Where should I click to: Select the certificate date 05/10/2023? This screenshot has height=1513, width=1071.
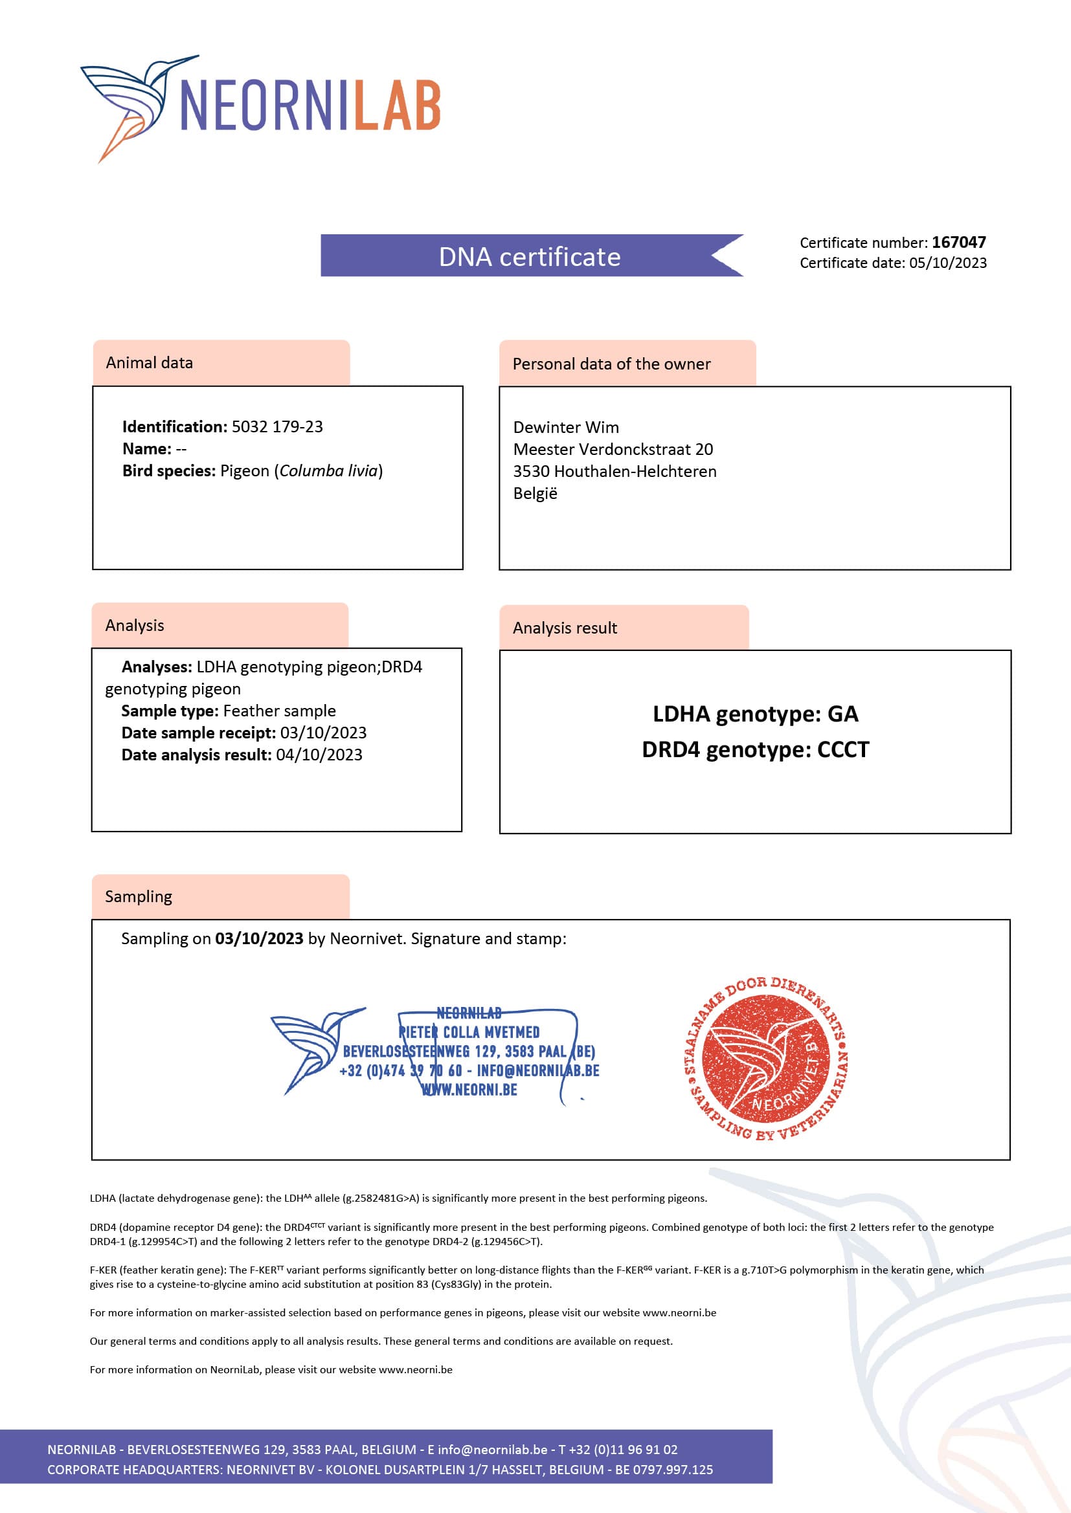[x=948, y=263]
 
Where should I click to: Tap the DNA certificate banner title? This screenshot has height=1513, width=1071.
[x=530, y=256]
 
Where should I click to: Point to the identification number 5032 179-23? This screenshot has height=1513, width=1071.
[x=277, y=427]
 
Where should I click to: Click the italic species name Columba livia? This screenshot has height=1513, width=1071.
[x=328, y=471]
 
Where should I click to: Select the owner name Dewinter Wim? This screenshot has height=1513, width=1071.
[x=566, y=428]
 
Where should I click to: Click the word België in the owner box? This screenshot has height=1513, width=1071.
[x=535, y=494]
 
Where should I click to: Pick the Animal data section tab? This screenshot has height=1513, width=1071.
[x=221, y=363]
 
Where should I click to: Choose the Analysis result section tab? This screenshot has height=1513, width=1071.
[x=623, y=628]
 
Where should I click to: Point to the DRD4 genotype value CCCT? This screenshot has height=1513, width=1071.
[x=843, y=750]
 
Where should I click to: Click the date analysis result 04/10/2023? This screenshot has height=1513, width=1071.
[x=319, y=755]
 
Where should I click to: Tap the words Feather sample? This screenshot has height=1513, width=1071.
[x=280, y=711]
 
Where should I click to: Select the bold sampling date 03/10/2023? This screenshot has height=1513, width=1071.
[x=258, y=939]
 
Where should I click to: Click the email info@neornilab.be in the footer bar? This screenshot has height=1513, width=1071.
[x=492, y=1450]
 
